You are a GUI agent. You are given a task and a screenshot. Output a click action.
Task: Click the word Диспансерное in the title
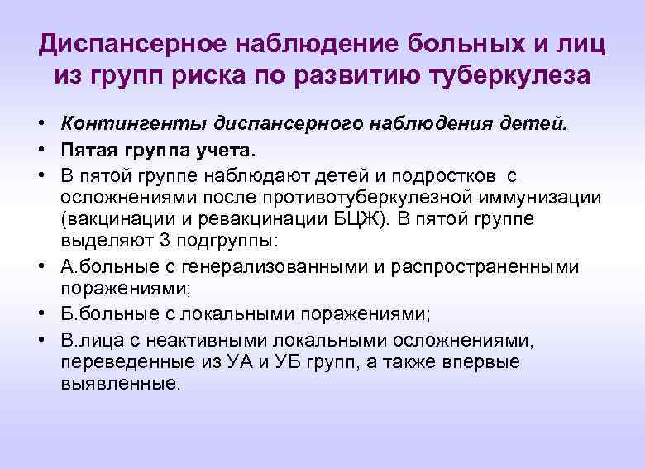129,42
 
